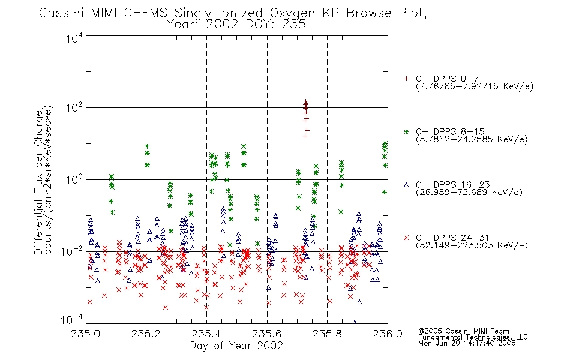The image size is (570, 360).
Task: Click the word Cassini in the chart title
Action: tap(61, 13)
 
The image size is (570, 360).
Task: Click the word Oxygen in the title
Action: tap(292, 14)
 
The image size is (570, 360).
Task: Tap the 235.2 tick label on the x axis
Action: tap(146, 334)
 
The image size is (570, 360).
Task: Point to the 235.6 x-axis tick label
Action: tap(267, 334)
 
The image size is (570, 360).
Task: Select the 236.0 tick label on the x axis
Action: tap(388, 334)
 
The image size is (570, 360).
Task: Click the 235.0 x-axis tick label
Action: tap(85, 334)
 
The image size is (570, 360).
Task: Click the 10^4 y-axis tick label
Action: tap(74, 38)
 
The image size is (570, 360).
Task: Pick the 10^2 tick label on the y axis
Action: tap(74, 108)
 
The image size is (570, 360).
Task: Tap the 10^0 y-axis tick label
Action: tap(74, 179)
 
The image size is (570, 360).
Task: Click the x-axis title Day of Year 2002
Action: tap(236, 346)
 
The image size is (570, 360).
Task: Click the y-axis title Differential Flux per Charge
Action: tap(38, 182)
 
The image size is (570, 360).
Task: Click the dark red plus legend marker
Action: tap(406, 79)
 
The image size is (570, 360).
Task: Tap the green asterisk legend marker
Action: tap(406, 131)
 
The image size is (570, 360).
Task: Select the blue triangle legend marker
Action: tap(406, 185)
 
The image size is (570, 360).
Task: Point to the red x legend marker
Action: tap(406, 238)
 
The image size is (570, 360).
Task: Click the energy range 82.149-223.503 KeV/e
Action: tap(472, 245)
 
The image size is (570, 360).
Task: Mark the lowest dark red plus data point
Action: tap(305, 136)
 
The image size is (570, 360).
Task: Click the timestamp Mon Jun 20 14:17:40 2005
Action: tap(467, 343)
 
